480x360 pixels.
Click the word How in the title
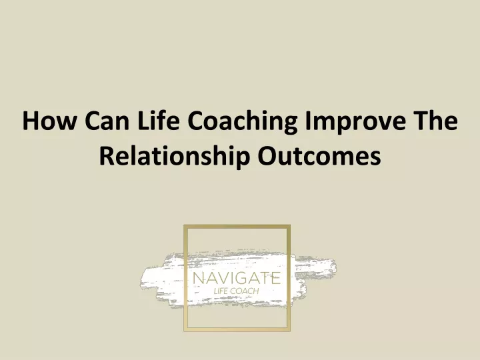(x=49, y=121)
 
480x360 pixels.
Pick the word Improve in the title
(x=355, y=122)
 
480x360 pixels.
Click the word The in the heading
(x=435, y=120)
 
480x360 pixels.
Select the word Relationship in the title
(x=174, y=156)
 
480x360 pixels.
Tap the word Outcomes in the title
(x=319, y=155)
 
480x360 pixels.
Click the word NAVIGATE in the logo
(x=237, y=278)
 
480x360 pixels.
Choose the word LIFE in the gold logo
(x=221, y=291)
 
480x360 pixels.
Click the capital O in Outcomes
(x=267, y=155)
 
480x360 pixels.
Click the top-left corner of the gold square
(x=184, y=225)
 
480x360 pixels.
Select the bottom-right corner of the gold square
(x=290, y=331)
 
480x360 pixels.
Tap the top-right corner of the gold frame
(x=290, y=225)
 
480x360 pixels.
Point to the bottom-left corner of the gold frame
(x=184, y=331)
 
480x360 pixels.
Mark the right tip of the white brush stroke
(x=336, y=267)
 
